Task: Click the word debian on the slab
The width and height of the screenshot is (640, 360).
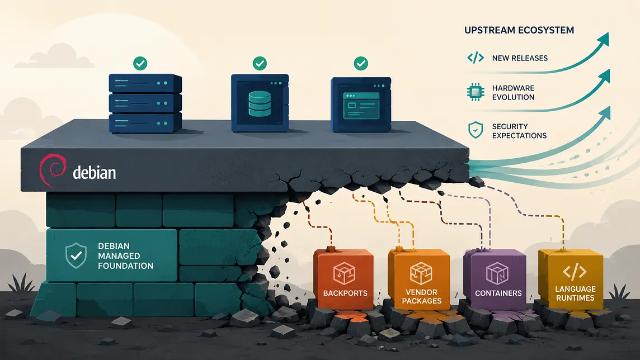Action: (95, 172)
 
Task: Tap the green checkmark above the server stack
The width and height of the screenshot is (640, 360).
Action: (140, 63)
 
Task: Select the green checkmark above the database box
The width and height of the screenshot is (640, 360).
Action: (260, 63)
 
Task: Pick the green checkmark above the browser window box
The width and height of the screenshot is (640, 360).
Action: (361, 63)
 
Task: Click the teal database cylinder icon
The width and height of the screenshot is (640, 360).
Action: (260, 103)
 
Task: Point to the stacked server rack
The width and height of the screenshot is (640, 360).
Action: (145, 103)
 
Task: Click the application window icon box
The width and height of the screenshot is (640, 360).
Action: (361, 105)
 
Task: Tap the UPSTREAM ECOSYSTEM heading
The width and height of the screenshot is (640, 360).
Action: (519, 30)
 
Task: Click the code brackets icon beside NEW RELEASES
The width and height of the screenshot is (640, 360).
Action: (476, 58)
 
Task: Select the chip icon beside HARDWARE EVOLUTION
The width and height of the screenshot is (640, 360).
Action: (476, 92)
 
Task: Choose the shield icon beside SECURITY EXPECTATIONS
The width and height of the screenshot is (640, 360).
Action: (476, 130)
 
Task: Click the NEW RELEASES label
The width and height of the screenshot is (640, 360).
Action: (520, 58)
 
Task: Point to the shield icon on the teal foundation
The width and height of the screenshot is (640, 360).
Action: (76, 255)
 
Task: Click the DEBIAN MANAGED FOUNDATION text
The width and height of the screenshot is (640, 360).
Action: (125, 255)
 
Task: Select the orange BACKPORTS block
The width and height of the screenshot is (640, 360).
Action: (343, 279)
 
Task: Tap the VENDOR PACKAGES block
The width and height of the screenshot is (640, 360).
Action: (419, 280)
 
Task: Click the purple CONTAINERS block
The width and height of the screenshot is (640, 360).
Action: (495, 280)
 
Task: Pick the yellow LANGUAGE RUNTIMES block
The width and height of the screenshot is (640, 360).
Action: (571, 280)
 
